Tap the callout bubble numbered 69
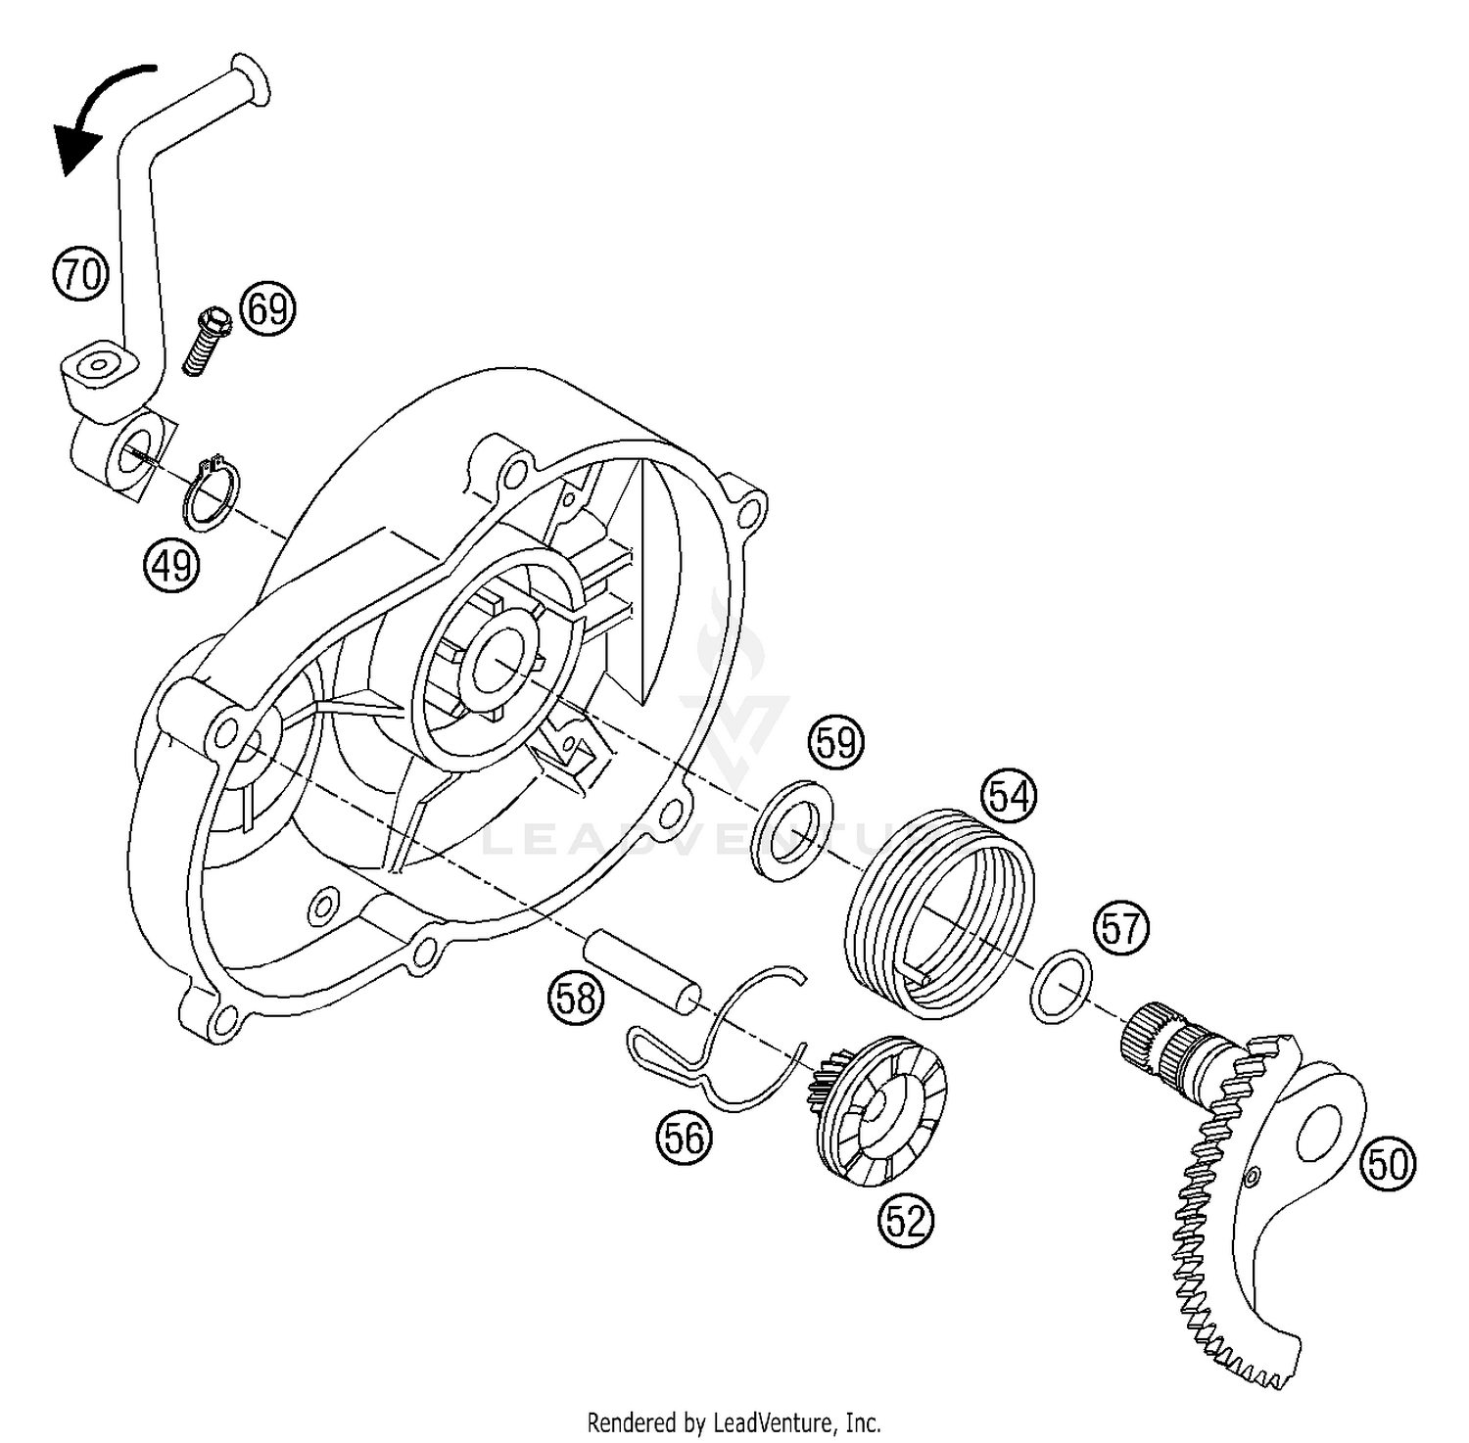tap(267, 309)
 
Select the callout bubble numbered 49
tap(171, 565)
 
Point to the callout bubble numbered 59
tap(835, 743)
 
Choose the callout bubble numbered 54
tap(1009, 796)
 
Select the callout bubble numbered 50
tap(1389, 1165)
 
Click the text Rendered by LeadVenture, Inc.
tap(734, 1420)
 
